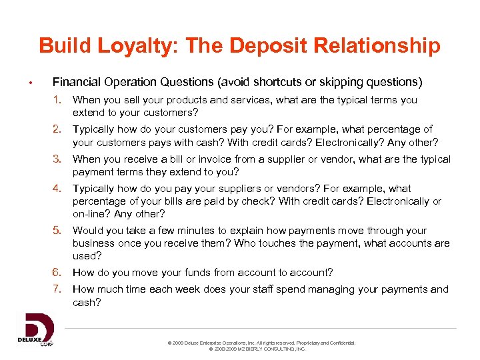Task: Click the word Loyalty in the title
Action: click(134, 46)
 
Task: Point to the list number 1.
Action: click(59, 100)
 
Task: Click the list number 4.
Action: click(59, 189)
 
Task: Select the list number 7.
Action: click(59, 289)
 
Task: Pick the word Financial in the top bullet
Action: click(76, 83)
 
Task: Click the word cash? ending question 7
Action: click(87, 302)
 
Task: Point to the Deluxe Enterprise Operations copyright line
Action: click(261, 343)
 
